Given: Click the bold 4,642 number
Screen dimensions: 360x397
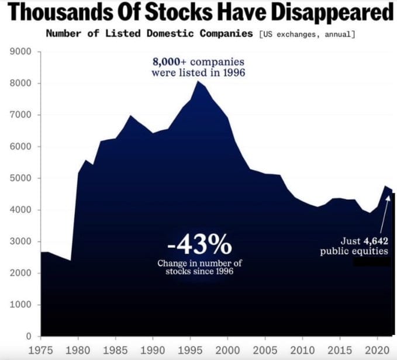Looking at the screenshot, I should pos(376,241).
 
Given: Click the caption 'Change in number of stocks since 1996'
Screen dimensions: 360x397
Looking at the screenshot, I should pos(199,268).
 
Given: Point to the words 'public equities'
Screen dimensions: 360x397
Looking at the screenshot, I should pos(354,251).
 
